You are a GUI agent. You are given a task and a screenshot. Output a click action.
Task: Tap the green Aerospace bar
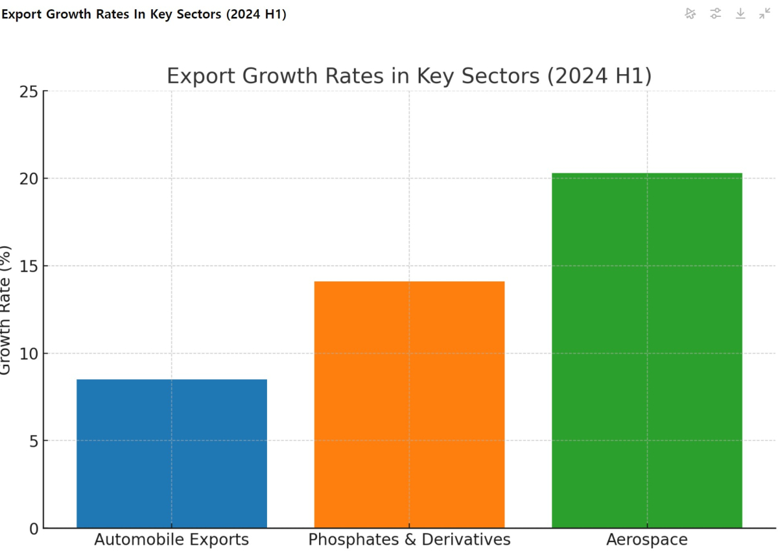pos(646,350)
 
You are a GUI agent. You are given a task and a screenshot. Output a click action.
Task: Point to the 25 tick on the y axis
pos(28,92)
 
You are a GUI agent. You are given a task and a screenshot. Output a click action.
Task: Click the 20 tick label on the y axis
pos(28,179)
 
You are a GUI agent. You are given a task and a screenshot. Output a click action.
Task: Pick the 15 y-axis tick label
pos(28,266)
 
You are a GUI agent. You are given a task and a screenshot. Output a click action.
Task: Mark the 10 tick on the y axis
pos(28,354)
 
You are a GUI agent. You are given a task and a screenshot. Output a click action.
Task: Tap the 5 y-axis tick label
pos(32,441)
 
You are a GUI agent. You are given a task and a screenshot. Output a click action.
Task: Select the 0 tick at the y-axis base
pos(32,529)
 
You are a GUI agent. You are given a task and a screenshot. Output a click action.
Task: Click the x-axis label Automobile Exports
pos(172,540)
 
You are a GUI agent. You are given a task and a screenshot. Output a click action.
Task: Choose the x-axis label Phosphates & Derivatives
pos(409,540)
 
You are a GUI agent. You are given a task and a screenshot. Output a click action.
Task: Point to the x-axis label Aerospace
pos(646,540)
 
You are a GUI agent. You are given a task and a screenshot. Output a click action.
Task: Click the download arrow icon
pos(740,14)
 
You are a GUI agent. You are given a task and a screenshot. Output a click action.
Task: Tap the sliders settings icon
pos(715,14)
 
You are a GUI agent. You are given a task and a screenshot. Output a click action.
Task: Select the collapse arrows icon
pos(765,14)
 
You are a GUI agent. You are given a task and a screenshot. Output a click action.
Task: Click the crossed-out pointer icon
pos(690,14)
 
